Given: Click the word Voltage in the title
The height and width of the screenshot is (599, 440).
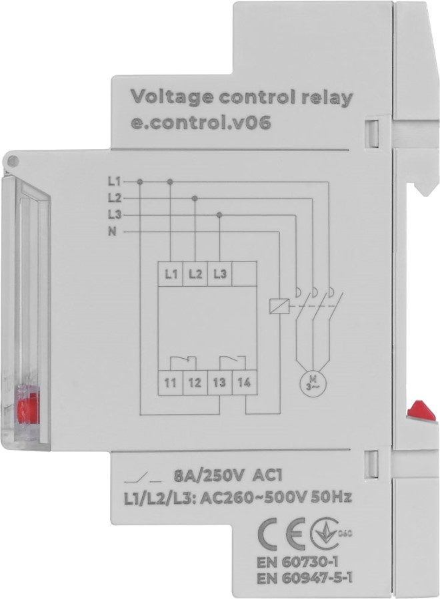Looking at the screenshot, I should click(161, 98).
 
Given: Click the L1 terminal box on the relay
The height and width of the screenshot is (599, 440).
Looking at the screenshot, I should click(170, 274).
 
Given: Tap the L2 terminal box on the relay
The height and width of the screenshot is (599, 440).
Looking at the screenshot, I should click(194, 274).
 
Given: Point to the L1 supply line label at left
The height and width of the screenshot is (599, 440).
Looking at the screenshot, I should click(113, 181).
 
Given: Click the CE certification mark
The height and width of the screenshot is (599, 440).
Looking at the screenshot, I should click(274, 533).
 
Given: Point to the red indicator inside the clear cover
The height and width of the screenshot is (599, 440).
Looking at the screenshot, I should click(27, 406).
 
